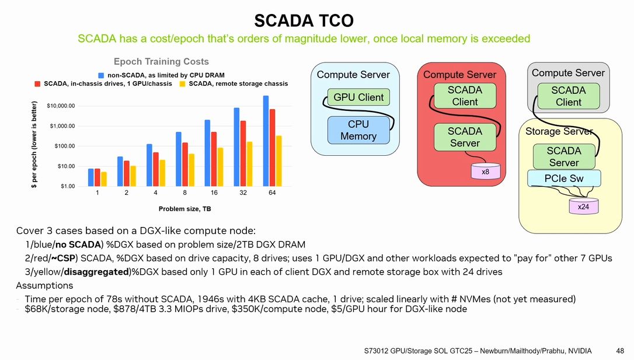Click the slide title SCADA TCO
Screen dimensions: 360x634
tap(304, 21)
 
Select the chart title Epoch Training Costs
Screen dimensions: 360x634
tap(161, 61)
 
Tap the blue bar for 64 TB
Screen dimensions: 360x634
tap(266, 141)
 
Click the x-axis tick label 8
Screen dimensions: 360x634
tap(185, 193)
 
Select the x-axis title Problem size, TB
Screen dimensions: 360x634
tap(184, 208)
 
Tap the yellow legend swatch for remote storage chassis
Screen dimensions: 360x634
tap(182, 83)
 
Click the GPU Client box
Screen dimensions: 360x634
tap(358, 97)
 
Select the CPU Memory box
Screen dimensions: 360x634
tap(358, 130)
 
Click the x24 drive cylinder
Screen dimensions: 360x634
tap(583, 207)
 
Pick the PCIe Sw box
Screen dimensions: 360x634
tap(563, 179)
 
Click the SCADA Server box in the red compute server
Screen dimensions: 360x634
tap(465, 137)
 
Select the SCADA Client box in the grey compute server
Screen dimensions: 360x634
tap(568, 96)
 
